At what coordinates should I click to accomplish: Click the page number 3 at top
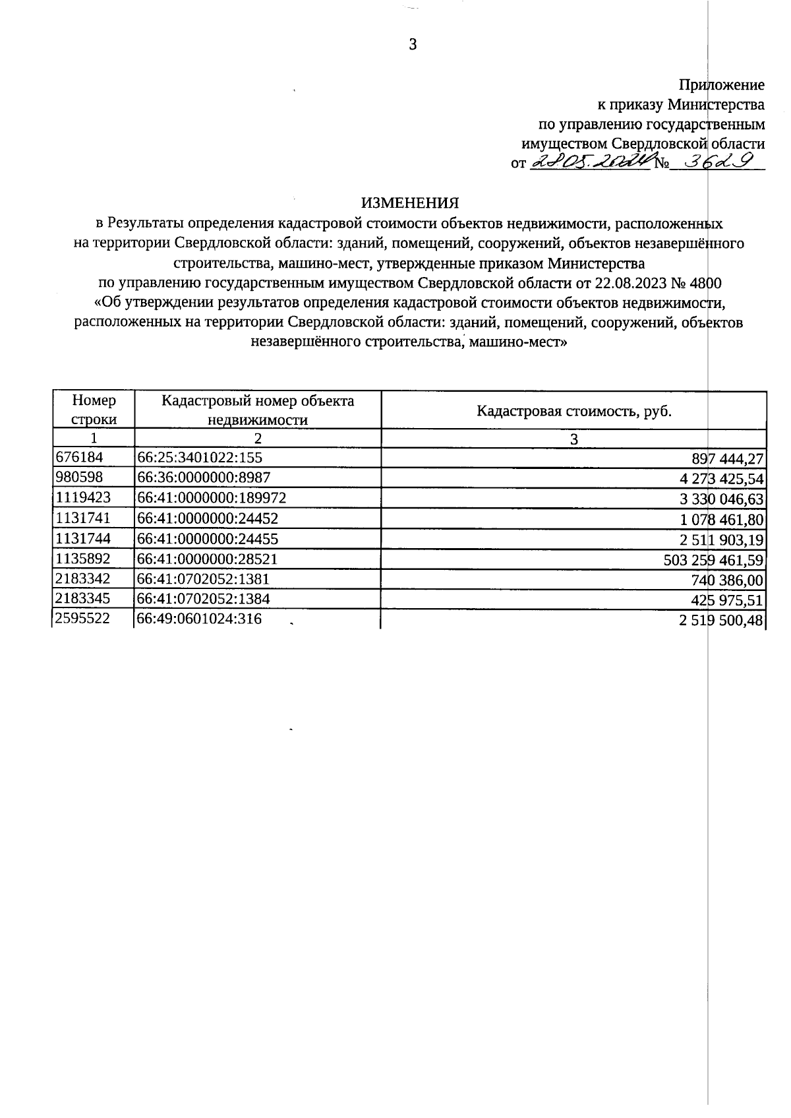coord(413,45)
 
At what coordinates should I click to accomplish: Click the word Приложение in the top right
coord(722,85)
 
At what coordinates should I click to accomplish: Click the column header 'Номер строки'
coord(94,410)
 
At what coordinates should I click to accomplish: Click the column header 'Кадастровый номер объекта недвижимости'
coord(258,410)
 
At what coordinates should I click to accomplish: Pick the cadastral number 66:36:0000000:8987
coord(204,478)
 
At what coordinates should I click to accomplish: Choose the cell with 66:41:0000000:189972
coord(212,498)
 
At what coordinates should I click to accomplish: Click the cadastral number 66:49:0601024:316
coord(200,619)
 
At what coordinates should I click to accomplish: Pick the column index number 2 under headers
coord(258,439)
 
